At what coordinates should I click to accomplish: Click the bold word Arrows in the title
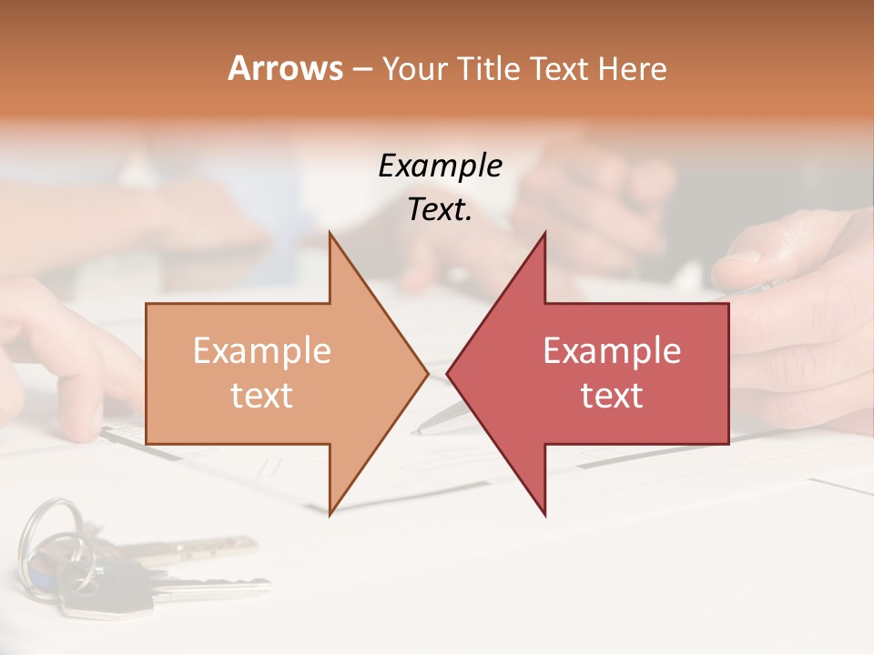pyautogui.click(x=286, y=68)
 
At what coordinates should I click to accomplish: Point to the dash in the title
pyautogui.click(x=361, y=69)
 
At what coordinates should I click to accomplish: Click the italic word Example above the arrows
pyautogui.click(x=440, y=166)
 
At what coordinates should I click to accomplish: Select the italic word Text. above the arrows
pyautogui.click(x=440, y=209)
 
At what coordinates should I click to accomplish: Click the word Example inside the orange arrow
pyautogui.click(x=261, y=351)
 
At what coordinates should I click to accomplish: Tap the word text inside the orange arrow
pyautogui.click(x=261, y=396)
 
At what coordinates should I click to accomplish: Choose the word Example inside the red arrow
pyautogui.click(x=612, y=351)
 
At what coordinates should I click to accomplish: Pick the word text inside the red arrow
pyautogui.click(x=612, y=396)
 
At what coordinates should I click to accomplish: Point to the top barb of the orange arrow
pyautogui.click(x=331, y=238)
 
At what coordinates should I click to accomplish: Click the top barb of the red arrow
pyautogui.click(x=544, y=238)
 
